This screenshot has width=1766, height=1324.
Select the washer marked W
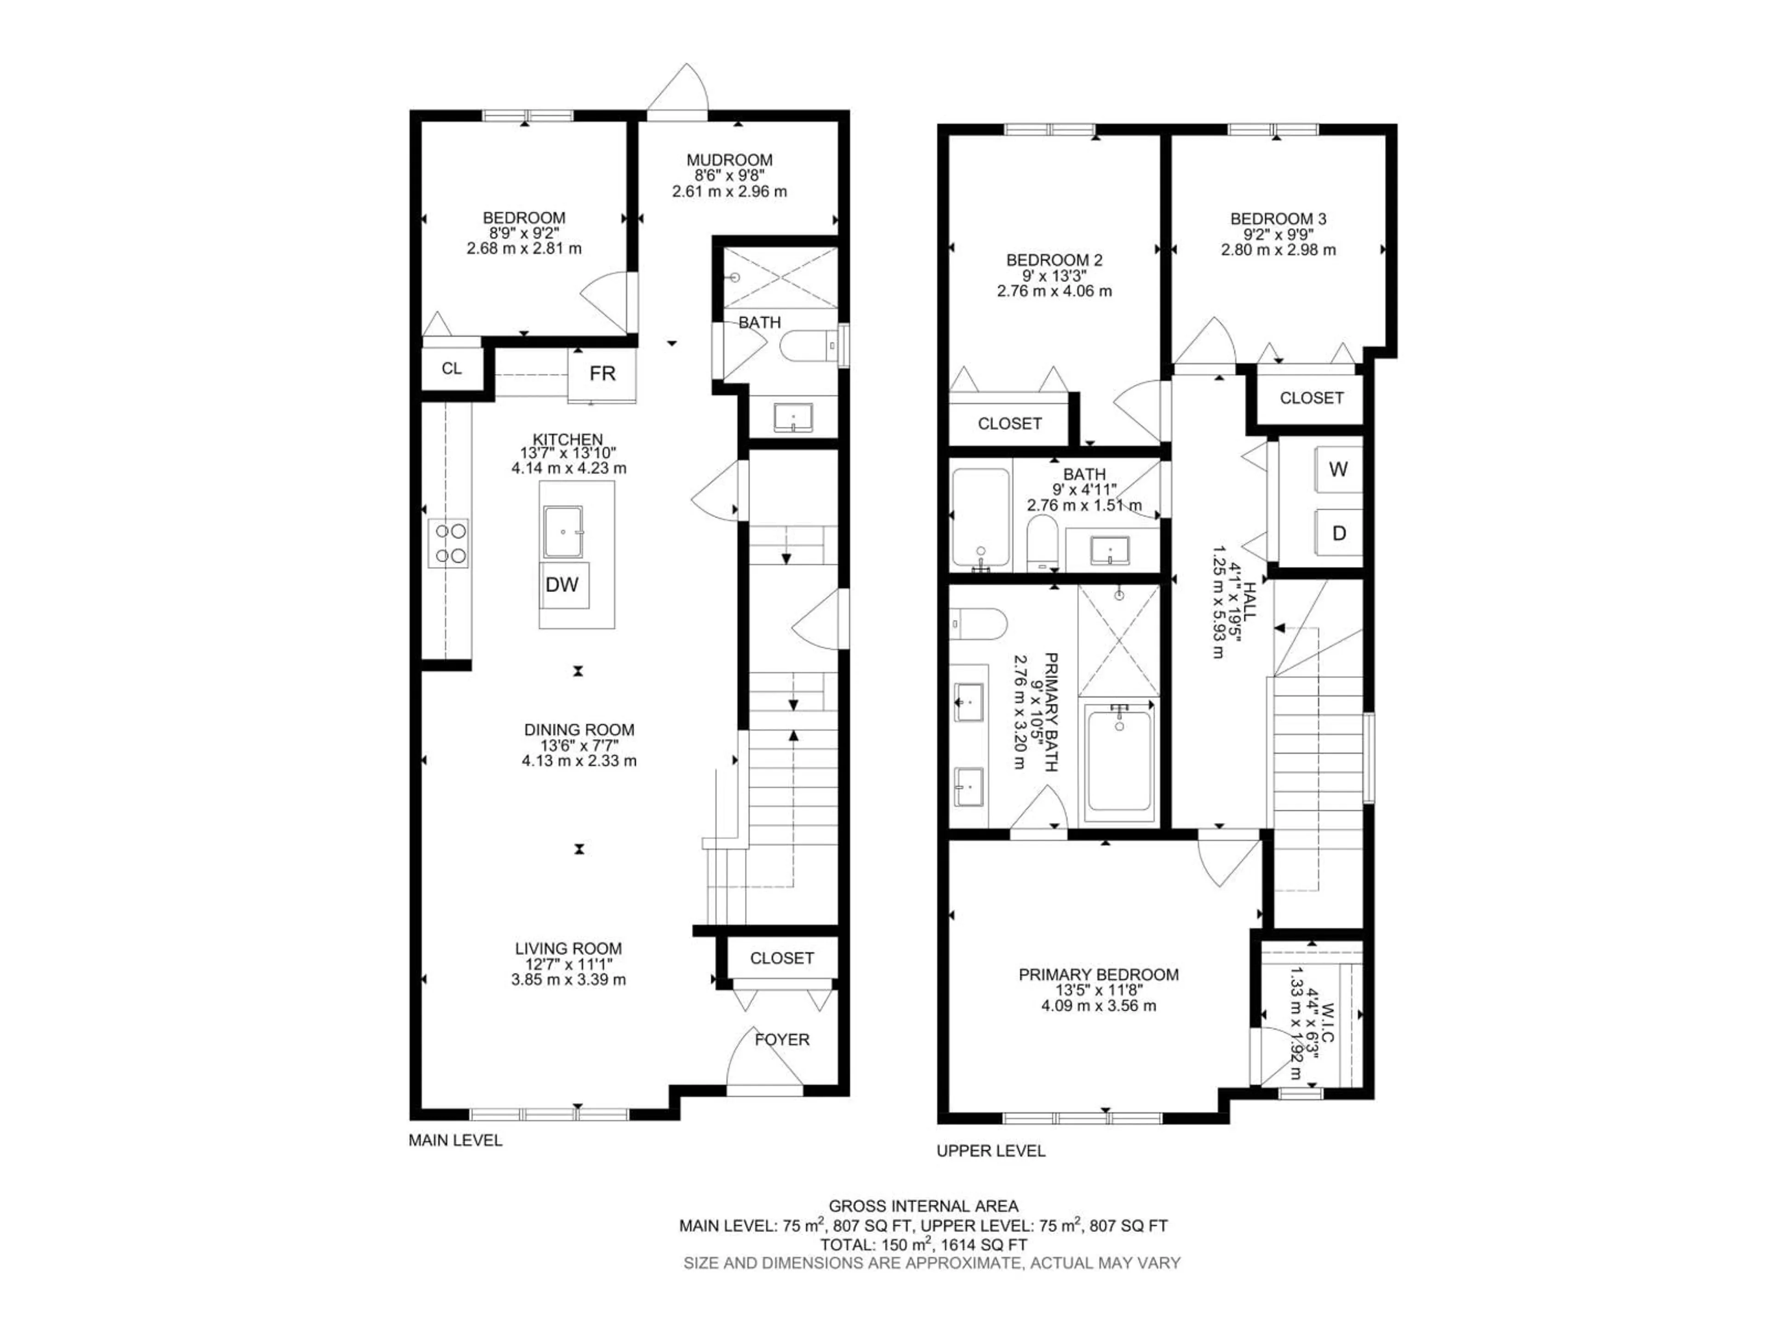1338,469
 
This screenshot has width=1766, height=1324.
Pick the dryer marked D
1339,533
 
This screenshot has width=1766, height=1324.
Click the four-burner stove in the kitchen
448,542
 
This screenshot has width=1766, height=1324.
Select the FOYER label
782,1039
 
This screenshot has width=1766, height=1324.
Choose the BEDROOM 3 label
1278,218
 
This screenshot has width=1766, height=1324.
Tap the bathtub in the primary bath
1118,760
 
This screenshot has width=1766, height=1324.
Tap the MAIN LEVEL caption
455,1141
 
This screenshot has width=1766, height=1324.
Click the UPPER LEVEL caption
990,1151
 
